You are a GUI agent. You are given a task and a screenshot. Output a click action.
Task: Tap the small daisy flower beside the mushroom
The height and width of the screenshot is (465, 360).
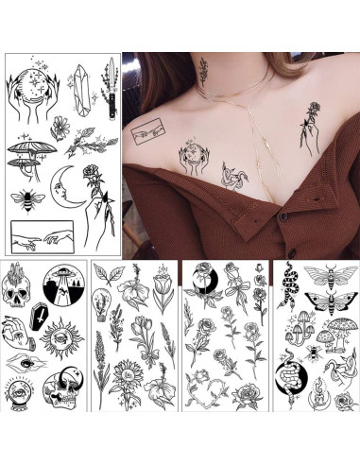[60, 127]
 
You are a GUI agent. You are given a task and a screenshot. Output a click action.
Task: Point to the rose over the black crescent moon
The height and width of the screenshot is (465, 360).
[205, 277]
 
